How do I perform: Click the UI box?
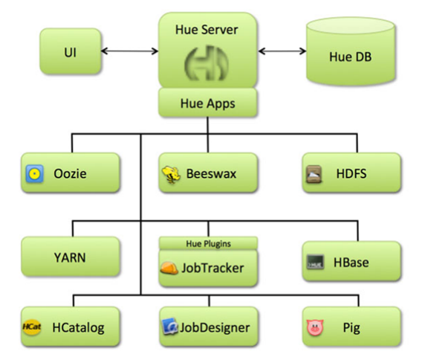click(x=71, y=51)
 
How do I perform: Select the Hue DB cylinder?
click(x=351, y=51)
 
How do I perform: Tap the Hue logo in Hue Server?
click(x=207, y=63)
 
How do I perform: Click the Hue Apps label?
click(x=208, y=103)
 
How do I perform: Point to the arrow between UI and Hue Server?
click(x=130, y=51)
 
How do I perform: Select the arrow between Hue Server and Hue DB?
click(x=282, y=51)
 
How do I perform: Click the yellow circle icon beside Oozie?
click(x=34, y=174)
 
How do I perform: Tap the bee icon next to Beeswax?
click(x=171, y=175)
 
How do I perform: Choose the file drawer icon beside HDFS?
click(x=314, y=174)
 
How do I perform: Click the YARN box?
click(x=71, y=257)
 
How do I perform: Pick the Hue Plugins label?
click(x=209, y=243)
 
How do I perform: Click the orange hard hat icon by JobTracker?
click(x=169, y=268)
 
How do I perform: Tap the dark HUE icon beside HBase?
click(x=315, y=262)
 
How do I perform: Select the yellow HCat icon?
click(x=32, y=327)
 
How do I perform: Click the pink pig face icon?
click(x=315, y=327)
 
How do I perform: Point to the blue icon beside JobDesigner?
click(x=169, y=327)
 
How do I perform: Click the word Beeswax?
click(x=211, y=174)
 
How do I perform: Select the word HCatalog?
click(x=78, y=328)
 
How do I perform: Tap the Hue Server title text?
click(x=207, y=30)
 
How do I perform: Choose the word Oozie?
click(x=70, y=174)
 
